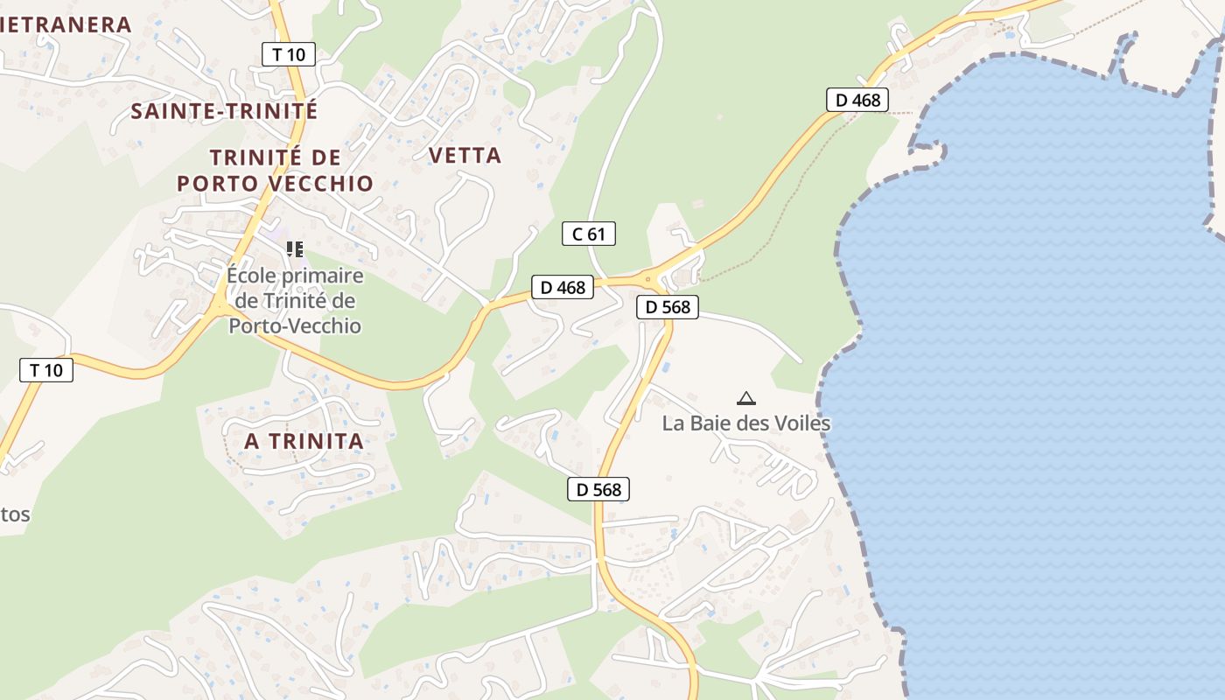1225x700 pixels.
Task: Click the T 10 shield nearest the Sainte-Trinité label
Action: (x=288, y=54)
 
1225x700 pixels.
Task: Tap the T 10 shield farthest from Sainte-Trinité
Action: (x=46, y=370)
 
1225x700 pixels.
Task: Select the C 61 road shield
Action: (x=588, y=234)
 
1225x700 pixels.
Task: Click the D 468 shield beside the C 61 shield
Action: (x=563, y=287)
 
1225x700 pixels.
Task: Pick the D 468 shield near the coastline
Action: (x=857, y=100)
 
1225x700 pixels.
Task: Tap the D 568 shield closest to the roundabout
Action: (x=668, y=307)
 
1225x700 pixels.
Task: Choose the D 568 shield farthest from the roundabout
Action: (x=598, y=489)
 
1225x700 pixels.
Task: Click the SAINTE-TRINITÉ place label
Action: (x=224, y=111)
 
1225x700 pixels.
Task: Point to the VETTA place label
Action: (x=465, y=156)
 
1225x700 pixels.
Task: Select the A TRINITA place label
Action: (x=304, y=441)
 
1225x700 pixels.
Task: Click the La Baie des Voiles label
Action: (x=745, y=423)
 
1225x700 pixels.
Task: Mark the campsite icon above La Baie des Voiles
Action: (x=745, y=399)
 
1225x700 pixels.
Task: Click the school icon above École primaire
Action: (x=295, y=249)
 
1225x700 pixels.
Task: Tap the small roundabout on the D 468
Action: (x=648, y=280)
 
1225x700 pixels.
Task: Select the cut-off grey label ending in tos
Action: (x=15, y=514)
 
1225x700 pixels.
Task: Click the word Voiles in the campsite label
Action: (x=801, y=423)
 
